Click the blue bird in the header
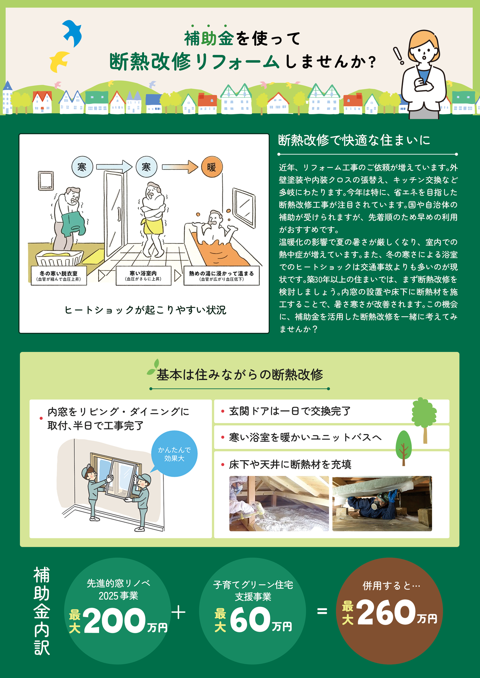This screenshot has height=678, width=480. [72, 32]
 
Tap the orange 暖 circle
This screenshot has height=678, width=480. [212, 167]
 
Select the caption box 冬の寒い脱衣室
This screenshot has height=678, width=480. [59, 275]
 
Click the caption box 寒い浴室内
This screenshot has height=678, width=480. [143, 275]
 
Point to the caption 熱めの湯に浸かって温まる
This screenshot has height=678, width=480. [222, 276]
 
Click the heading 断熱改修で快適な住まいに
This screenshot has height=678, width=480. [354, 140]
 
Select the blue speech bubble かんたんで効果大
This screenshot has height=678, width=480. [174, 454]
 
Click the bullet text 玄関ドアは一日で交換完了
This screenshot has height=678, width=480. [290, 411]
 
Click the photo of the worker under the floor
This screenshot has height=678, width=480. [382, 504]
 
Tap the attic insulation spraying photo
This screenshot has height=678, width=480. [279, 504]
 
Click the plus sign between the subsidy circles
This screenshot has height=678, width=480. [179, 612]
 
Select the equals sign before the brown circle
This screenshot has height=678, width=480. [322, 611]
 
